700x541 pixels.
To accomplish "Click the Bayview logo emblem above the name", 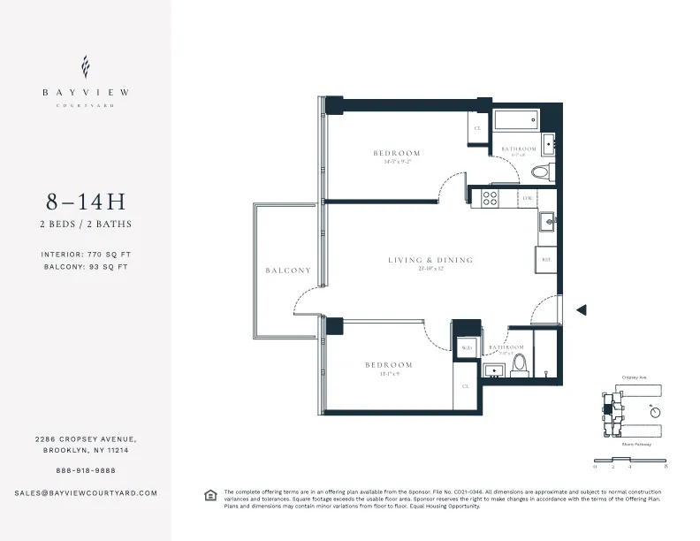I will pyautogui.click(x=85, y=66).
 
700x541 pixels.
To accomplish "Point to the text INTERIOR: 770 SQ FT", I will pyautogui.click(x=85, y=254).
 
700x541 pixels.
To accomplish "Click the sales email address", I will pyautogui.click(x=86, y=492).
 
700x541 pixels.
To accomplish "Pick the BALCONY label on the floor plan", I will pyautogui.click(x=288, y=270).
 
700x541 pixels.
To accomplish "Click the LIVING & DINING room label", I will pyautogui.click(x=430, y=260).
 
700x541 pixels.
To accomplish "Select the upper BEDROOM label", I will pyautogui.click(x=396, y=153).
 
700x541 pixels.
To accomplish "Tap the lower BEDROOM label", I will pyautogui.click(x=389, y=365).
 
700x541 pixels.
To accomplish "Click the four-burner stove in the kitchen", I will pyautogui.click(x=489, y=199).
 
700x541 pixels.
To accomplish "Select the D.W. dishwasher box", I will pyautogui.click(x=527, y=199).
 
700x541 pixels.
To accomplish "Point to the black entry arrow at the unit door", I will pyautogui.click(x=581, y=309).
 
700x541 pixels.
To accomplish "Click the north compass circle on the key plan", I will pyautogui.click(x=654, y=411).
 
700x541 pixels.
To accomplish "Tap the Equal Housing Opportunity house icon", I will pyautogui.click(x=210, y=495).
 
